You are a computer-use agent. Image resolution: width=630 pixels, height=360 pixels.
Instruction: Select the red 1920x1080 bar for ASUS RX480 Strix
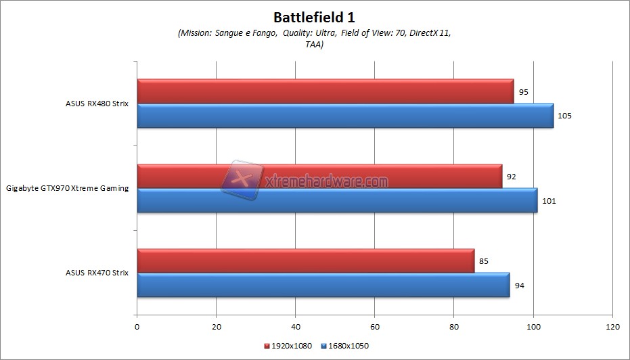325,91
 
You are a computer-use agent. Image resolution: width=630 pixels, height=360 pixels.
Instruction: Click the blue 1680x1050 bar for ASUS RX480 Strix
345,116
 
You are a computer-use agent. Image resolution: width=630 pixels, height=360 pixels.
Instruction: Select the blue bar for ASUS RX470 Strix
323,285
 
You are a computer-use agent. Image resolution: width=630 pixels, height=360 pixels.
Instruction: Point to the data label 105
564,116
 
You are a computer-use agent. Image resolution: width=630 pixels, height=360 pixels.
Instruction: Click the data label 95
524,91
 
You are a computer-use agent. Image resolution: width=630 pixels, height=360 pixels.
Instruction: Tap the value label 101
549,200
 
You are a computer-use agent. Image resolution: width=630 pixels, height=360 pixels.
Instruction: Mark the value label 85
484,261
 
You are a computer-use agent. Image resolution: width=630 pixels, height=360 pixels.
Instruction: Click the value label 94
520,285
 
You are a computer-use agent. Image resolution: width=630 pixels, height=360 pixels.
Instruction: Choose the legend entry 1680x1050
348,346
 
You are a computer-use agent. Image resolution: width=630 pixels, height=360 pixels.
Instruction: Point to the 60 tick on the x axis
375,326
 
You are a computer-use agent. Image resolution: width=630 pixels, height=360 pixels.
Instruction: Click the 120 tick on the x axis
612,326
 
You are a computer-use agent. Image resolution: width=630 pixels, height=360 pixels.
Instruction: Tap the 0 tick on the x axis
137,326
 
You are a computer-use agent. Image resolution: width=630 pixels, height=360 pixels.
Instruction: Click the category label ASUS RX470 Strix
97,273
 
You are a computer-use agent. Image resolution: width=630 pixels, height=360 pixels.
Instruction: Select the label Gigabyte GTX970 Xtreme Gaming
67,188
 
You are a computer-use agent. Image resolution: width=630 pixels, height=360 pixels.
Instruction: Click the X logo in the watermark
242,179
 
